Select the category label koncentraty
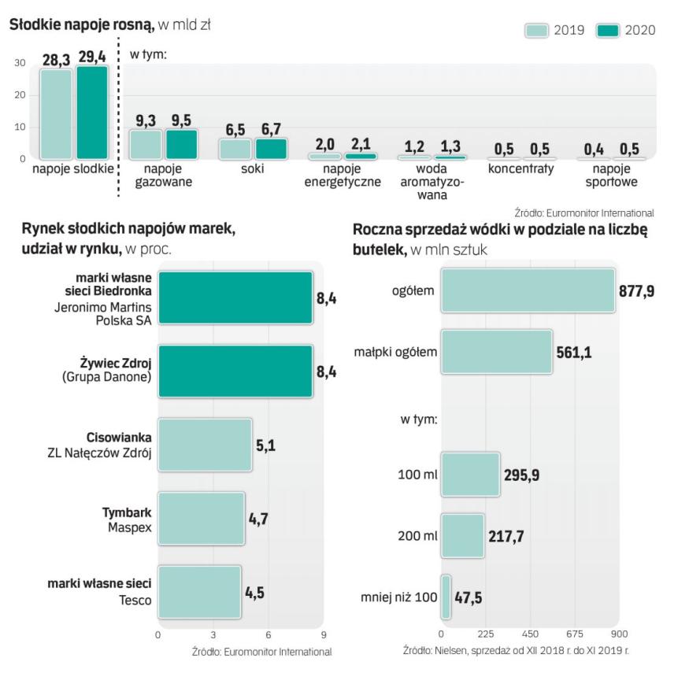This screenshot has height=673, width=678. pos(521,169)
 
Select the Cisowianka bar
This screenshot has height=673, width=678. pos(205,446)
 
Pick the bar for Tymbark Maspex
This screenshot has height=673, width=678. pos(201,518)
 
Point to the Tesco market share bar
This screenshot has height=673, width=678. pos(199,592)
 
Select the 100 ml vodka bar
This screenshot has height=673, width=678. pos(470,475)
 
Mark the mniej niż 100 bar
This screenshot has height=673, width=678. pos(446,597)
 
